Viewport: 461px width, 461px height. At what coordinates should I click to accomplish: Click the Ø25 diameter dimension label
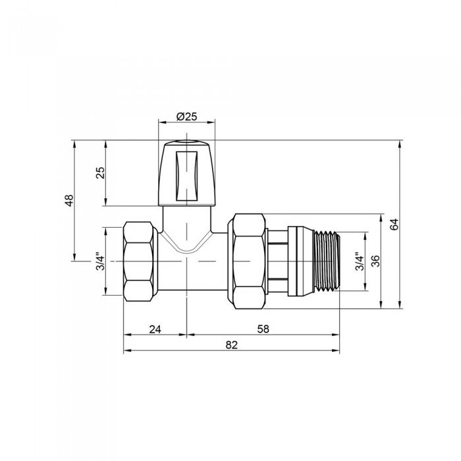pos(187,117)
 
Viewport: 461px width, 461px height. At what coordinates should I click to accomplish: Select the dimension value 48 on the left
pos(69,200)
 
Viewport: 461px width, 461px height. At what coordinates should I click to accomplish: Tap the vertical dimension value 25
pos(101,173)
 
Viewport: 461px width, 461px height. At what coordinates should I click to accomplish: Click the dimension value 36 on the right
pos(375,261)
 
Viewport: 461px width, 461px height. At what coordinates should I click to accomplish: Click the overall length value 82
pos(231,344)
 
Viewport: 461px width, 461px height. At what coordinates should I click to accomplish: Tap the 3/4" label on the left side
pos(101,261)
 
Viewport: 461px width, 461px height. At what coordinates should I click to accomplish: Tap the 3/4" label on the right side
pos(359,261)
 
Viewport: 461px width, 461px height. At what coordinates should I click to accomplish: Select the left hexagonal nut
pos(140,261)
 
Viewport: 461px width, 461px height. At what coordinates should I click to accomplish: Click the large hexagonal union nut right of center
pos(247,261)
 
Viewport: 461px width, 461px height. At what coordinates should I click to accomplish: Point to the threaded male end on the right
pos(327,261)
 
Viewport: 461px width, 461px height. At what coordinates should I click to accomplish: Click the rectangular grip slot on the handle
pos(187,175)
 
